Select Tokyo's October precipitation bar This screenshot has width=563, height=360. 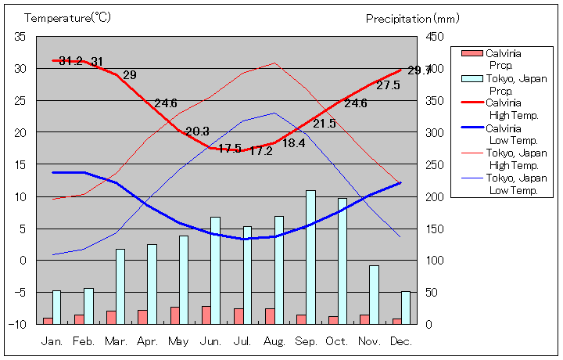342,261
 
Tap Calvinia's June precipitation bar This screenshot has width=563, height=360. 206,315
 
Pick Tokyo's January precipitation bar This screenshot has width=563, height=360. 56,307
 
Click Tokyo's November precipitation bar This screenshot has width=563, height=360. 374,294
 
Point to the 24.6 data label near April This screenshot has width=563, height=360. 166,103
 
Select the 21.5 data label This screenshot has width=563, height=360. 325,124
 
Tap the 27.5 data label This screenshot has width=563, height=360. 388,85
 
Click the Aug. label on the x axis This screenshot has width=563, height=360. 273,342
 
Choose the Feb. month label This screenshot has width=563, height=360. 84,342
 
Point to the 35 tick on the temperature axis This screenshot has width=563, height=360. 20,37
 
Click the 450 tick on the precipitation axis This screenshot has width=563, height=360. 435,37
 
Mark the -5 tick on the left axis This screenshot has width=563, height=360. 20,292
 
